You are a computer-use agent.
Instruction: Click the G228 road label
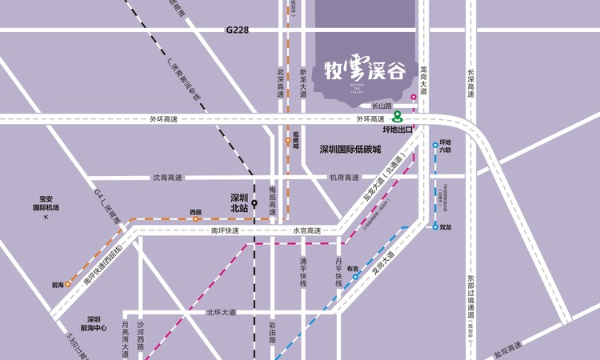point(238,30)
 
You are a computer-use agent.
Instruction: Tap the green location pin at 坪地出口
point(398,117)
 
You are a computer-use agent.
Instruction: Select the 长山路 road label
point(382,105)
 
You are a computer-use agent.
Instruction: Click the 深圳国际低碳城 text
point(350,149)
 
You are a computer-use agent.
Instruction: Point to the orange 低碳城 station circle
point(288,142)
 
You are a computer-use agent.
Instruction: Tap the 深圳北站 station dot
point(254,203)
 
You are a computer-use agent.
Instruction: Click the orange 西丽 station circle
point(195,218)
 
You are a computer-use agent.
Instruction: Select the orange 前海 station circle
point(68,284)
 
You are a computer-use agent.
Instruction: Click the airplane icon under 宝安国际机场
point(46,218)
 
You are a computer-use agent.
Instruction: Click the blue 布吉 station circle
point(355,277)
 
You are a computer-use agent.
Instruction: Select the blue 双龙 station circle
point(436,227)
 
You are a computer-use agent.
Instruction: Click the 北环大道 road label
point(221,312)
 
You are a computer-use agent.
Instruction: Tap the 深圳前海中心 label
point(94,323)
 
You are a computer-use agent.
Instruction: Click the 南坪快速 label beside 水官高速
point(226,230)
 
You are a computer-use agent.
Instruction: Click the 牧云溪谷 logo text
point(365,70)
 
